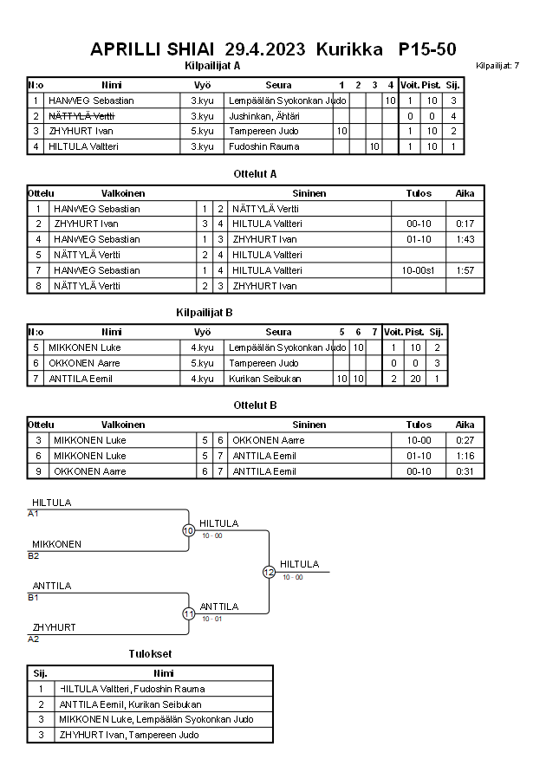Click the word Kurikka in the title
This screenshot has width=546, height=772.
[x=349, y=49]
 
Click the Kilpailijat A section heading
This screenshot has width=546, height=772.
[x=212, y=65]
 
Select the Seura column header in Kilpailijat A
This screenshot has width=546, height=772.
[x=278, y=85]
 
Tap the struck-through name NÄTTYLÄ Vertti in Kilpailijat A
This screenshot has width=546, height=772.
[x=81, y=116]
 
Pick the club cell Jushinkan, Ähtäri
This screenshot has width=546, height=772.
[x=264, y=116]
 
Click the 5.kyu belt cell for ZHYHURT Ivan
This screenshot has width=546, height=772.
[x=202, y=131]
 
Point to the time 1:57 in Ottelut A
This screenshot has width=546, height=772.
[x=465, y=270]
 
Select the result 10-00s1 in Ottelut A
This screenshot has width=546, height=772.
[x=419, y=270]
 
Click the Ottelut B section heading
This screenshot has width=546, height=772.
[x=255, y=405]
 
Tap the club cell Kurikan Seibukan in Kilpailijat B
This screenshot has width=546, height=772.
[x=267, y=379]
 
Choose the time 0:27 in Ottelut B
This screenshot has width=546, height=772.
[x=465, y=440]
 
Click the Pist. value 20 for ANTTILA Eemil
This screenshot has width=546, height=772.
[x=414, y=379]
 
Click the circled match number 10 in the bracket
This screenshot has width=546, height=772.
[x=188, y=530]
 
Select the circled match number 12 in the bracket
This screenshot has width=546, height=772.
[x=269, y=572]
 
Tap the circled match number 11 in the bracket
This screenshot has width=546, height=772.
[x=188, y=613]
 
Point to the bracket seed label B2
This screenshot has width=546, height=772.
[x=34, y=555]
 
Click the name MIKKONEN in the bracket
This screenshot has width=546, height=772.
[x=56, y=544]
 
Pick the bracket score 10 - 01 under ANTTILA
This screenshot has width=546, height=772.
[x=211, y=619]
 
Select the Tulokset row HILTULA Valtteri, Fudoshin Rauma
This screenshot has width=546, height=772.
[x=132, y=689]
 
